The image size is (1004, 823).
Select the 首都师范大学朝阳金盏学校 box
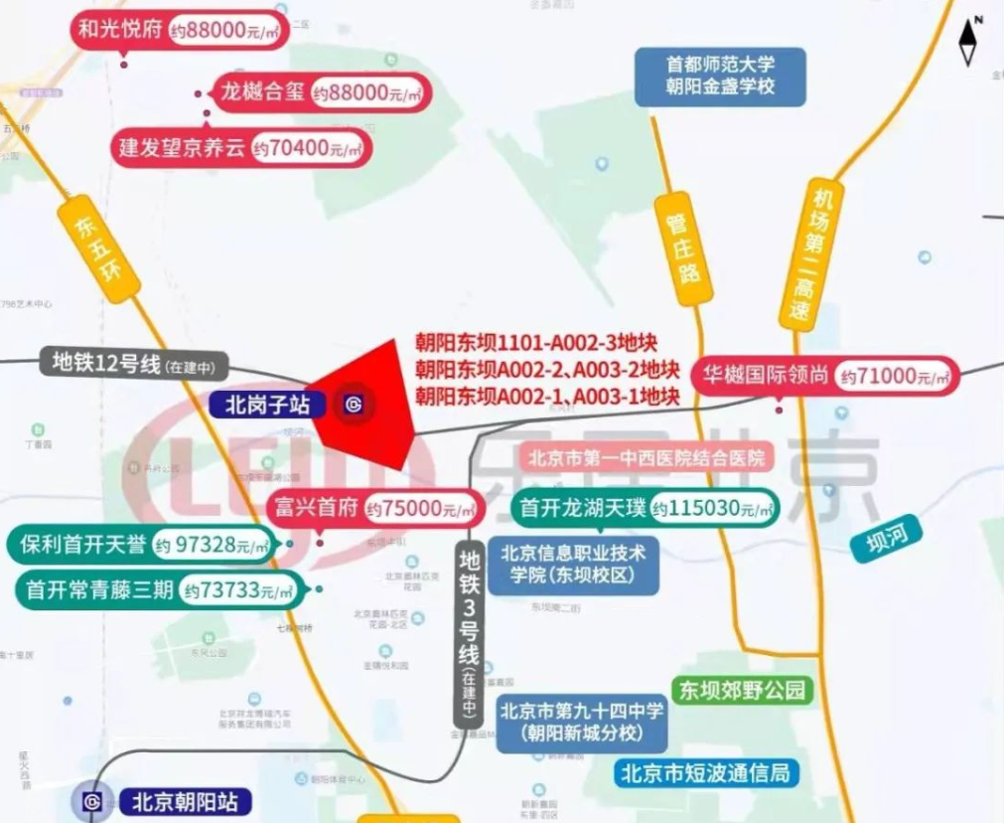click(720, 76)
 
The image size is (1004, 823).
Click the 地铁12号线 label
click(140, 363)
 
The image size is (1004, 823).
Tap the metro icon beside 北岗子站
click(354, 405)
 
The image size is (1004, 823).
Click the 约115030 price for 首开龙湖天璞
click(712, 509)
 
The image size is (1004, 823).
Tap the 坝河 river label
click(886, 537)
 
